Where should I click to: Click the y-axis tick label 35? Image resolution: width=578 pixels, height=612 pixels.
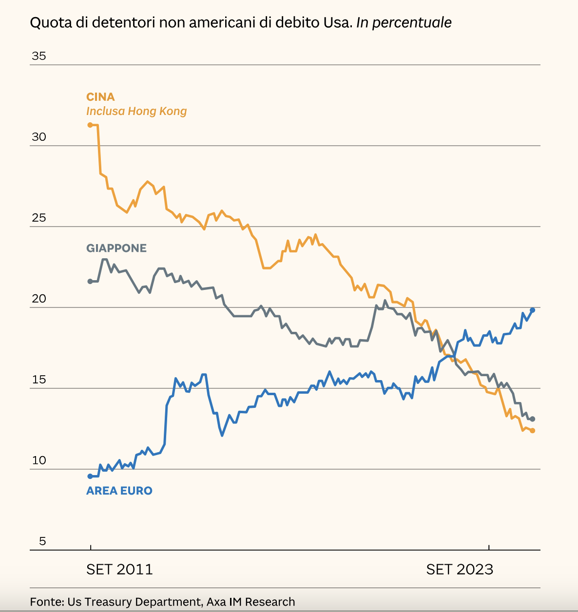[x=39, y=56]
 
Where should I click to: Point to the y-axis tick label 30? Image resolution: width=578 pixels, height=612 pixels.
[x=39, y=137]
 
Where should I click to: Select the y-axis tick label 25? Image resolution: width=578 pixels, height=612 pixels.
[x=39, y=218]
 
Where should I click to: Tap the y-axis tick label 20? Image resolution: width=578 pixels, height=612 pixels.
[x=39, y=299]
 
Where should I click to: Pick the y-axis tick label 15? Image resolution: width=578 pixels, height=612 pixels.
[x=39, y=380]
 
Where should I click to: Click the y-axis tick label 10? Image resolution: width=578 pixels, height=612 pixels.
[x=39, y=460]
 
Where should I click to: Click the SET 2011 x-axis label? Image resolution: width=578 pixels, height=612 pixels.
[x=119, y=569]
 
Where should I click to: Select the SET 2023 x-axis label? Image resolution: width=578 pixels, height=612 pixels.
[x=460, y=569]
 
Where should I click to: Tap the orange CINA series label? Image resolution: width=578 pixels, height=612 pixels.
[x=100, y=97]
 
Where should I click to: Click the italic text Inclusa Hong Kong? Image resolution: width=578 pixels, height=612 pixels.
[x=136, y=111]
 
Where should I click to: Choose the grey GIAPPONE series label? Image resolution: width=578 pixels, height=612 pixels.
[x=116, y=248]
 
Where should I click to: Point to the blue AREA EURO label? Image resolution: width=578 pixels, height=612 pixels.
[x=119, y=491]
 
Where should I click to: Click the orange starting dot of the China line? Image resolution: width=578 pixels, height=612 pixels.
[x=90, y=125]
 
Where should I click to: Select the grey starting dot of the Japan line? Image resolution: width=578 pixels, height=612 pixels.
[x=90, y=281]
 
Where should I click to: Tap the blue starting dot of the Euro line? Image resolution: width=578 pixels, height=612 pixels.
[x=90, y=476]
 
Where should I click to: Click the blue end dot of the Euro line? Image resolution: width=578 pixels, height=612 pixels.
[x=532, y=310]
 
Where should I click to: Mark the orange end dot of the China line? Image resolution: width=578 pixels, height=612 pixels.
[x=532, y=431]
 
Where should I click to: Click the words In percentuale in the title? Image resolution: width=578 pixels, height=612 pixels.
[x=404, y=22]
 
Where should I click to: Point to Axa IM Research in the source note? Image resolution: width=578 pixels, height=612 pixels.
[x=250, y=602]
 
